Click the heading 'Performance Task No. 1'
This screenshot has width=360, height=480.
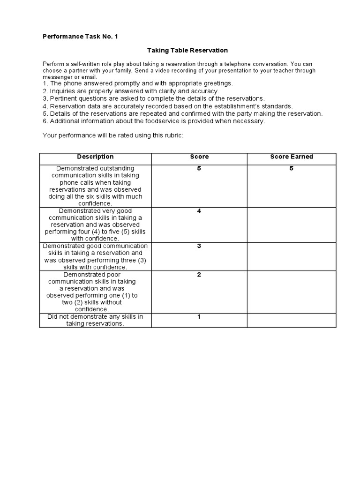(80, 36)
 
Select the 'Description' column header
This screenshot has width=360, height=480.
(95, 157)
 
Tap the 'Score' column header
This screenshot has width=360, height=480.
(199, 157)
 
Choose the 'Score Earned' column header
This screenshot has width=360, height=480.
(291, 157)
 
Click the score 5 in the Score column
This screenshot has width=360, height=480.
(199, 169)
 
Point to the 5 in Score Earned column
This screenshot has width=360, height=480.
(291, 169)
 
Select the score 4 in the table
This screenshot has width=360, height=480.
(199, 211)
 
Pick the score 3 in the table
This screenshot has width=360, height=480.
(199, 246)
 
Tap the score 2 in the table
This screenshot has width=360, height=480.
(199, 275)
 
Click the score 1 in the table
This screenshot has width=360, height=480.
(199, 317)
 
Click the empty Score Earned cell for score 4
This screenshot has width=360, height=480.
(291, 225)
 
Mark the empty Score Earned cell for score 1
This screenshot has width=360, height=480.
(291, 320)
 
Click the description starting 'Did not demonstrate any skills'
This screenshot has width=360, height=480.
(95, 320)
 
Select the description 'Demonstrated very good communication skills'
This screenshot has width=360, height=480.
(95, 225)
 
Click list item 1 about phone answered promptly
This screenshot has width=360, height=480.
(137, 83)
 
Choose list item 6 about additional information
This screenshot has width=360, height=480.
(154, 121)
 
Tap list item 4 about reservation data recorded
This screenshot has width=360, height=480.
(167, 106)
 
